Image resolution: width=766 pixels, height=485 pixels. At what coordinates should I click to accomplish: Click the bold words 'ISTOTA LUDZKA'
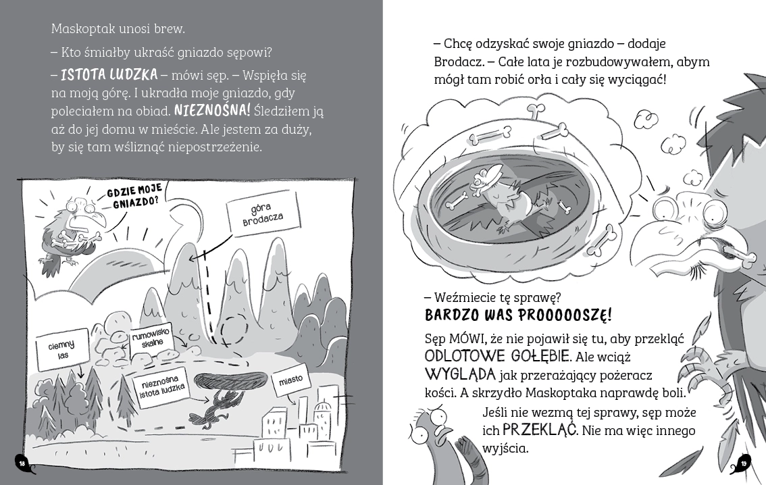click(x=109, y=74)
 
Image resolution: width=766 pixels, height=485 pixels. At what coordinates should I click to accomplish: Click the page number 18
click(x=22, y=463)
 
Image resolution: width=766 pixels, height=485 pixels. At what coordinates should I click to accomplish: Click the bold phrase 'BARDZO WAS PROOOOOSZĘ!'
click(x=518, y=315)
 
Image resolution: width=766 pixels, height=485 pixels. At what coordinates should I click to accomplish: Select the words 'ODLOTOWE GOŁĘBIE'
click(x=498, y=355)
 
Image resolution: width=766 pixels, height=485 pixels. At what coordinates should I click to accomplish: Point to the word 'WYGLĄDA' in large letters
click(x=460, y=374)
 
